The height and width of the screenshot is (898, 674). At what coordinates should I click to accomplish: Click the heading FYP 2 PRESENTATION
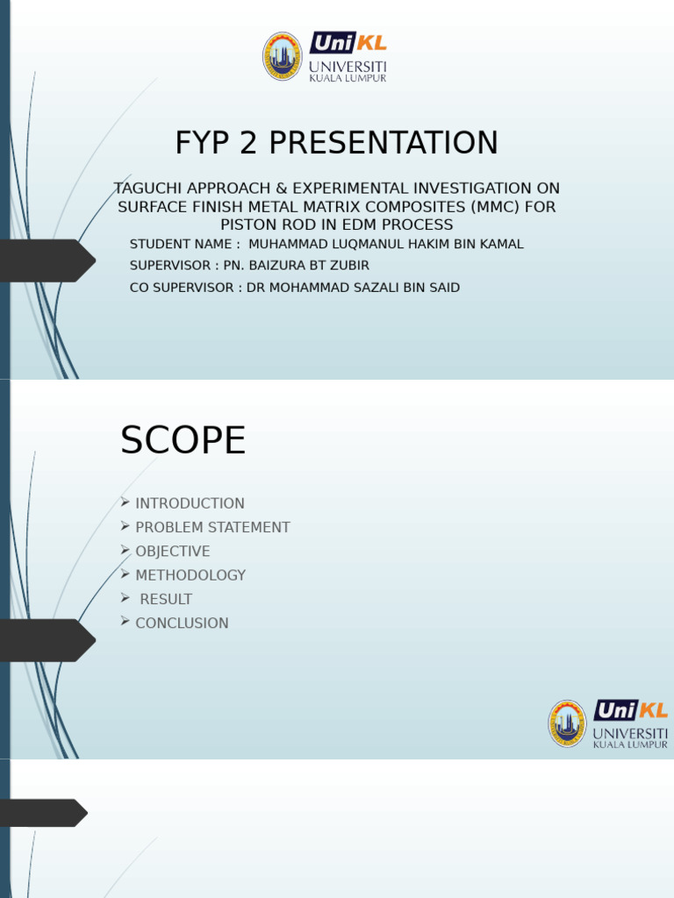click(336, 143)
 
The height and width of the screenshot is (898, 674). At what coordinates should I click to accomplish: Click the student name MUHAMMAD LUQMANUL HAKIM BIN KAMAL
click(386, 244)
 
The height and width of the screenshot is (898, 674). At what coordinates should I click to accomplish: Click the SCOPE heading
click(183, 440)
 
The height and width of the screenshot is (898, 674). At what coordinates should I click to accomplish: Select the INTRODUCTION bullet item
click(190, 503)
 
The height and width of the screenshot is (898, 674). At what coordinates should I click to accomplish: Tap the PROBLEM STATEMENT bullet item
click(212, 527)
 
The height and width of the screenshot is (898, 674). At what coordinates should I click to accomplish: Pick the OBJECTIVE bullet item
click(173, 552)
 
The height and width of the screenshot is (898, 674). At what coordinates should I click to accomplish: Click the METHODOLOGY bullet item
click(190, 575)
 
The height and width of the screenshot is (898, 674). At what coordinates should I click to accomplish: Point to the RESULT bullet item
click(166, 599)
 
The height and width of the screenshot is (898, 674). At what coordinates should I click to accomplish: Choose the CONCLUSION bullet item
click(182, 624)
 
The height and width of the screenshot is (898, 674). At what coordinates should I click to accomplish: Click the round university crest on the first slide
click(282, 56)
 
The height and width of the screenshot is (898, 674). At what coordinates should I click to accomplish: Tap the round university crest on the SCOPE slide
click(568, 723)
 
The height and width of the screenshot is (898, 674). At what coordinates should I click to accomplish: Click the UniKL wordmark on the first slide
click(348, 43)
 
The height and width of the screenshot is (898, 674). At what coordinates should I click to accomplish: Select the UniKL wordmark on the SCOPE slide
click(631, 710)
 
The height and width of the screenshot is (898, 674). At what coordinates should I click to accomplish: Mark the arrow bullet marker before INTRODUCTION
click(125, 502)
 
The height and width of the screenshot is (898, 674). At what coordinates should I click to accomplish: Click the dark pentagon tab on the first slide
click(47, 260)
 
